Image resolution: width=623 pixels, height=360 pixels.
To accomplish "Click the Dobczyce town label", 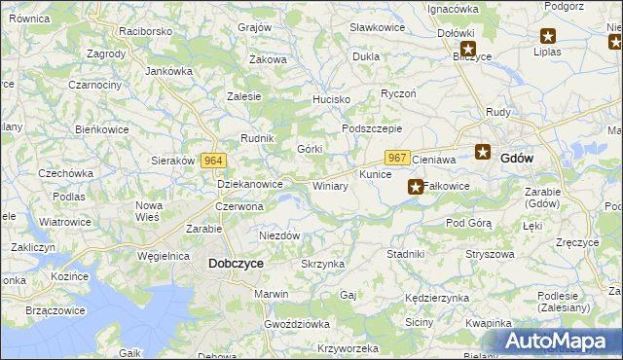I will point(236,263).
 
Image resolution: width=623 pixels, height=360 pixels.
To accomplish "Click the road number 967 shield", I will point(396,158).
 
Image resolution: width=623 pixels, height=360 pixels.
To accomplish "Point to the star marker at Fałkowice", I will point(416,186).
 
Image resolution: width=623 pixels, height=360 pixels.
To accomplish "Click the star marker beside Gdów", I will point(483,151).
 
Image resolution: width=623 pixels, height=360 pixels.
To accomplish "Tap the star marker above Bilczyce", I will point(468,48).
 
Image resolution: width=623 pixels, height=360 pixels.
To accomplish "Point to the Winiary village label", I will point(330,186).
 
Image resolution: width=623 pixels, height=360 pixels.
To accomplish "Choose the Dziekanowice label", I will point(249,183).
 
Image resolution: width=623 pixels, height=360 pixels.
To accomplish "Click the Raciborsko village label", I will point(145,31).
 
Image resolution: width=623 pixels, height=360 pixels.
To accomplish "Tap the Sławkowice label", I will point(377,27).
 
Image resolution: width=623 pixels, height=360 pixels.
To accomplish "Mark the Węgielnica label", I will point(163,256).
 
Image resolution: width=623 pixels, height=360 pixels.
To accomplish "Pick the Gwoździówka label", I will point(297,323).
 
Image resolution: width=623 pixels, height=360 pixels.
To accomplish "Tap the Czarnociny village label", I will point(94,85).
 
